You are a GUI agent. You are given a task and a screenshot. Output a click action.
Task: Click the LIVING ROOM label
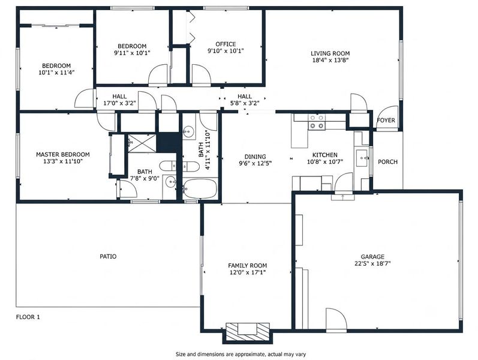tap(330, 53)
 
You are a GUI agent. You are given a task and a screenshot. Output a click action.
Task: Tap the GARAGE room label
tap(372, 257)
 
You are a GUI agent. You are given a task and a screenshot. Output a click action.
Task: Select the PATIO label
tap(108, 256)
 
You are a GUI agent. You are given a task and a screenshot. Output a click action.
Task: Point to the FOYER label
tap(386, 120)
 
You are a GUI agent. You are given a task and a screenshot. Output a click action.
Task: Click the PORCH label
tap(387, 161)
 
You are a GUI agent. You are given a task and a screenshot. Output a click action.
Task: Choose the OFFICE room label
tap(226, 44)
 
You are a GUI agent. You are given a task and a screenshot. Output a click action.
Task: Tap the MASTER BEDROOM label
tap(63, 154)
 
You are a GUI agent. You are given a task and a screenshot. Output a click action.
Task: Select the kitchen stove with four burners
tap(317, 121)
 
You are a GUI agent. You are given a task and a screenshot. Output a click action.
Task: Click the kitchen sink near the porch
tap(362, 158)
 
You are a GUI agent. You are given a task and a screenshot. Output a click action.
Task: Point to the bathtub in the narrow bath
tap(200, 188)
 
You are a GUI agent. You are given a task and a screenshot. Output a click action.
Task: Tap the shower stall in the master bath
tap(142, 143)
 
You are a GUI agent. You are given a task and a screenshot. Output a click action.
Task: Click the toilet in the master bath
tap(167, 166)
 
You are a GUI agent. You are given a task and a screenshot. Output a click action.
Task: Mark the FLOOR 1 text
tap(28, 317)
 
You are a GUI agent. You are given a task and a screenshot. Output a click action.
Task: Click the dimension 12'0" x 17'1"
tap(248, 272)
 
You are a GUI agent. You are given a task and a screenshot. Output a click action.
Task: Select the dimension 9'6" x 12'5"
tap(255, 163)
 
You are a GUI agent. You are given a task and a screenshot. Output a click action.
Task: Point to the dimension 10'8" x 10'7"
tap(325, 161)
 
